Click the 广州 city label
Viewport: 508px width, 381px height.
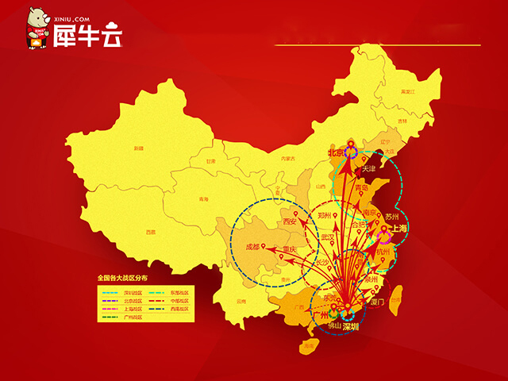click(x=321, y=315)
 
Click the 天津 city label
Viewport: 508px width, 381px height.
click(x=368, y=169)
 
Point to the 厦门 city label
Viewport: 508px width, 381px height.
click(x=375, y=302)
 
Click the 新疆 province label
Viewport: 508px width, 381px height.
click(x=139, y=148)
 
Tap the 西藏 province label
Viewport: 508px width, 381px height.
click(x=151, y=232)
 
